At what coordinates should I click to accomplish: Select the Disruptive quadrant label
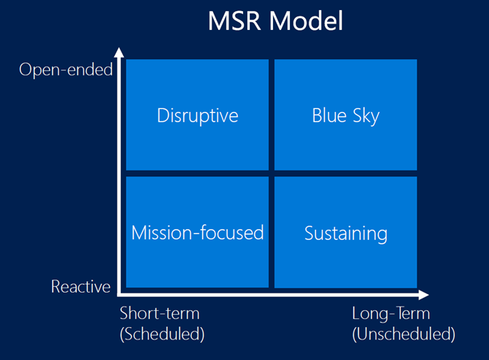coord(198,116)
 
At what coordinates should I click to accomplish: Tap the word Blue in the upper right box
coord(328,116)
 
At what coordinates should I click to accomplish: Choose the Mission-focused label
coord(198,233)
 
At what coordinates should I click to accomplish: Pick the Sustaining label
coord(346,233)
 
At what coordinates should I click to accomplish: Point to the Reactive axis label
coord(81,287)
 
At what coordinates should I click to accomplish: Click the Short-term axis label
coord(159,314)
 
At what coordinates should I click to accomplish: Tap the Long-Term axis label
coord(391,314)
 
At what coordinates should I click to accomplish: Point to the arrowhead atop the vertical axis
coord(119,53)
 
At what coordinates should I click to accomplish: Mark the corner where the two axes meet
coord(119,296)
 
